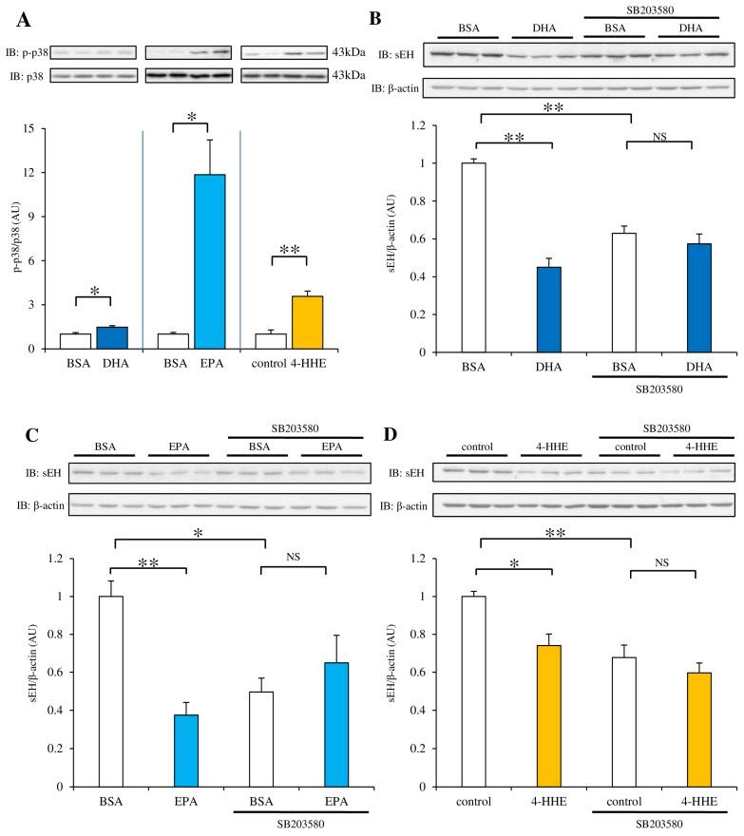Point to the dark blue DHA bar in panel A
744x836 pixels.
click(x=115, y=337)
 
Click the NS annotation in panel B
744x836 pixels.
click(x=658, y=136)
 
